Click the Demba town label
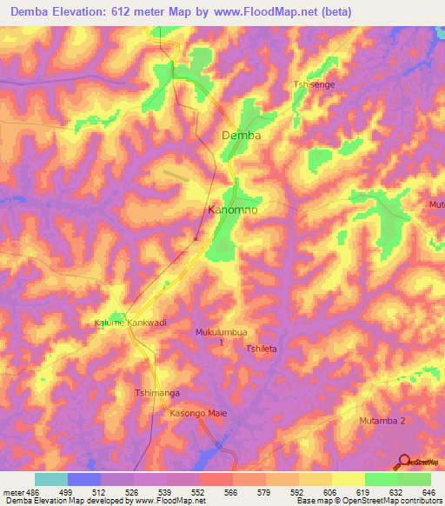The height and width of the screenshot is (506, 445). pyautogui.click(x=241, y=136)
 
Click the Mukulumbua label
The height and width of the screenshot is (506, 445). pyautogui.click(x=222, y=332)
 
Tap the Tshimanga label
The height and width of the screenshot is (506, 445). pyautogui.click(x=156, y=393)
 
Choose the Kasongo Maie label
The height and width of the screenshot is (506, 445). pyautogui.click(x=198, y=413)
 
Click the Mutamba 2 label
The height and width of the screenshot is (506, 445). pyautogui.click(x=382, y=421)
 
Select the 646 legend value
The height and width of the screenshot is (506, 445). pyautogui.click(x=428, y=491)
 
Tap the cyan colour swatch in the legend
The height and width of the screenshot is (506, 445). pyautogui.click(x=50, y=479)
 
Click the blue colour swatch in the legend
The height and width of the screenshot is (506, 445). pyautogui.click(x=83, y=479)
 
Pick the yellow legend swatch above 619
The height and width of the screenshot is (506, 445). pyautogui.click(x=348, y=479)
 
